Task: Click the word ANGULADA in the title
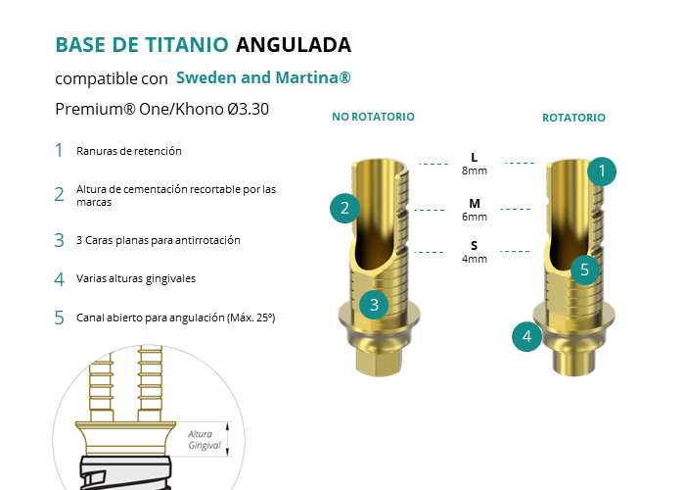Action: [294, 45]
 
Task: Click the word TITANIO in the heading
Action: [187, 45]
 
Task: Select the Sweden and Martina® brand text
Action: [263, 77]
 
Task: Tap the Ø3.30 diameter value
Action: [248, 109]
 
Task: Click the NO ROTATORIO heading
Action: [373, 117]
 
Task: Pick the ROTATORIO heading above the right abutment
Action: [573, 118]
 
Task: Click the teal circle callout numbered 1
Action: [602, 171]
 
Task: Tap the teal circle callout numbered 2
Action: [344, 208]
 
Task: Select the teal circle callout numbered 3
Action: [374, 305]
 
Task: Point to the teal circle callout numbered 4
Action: [526, 336]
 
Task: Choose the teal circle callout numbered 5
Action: [585, 269]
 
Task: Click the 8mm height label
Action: [475, 171]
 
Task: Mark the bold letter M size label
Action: [475, 204]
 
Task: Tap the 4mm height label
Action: [475, 259]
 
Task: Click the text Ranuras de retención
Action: [129, 151]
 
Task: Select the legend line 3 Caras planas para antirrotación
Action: [159, 240]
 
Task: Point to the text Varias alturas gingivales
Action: [136, 278]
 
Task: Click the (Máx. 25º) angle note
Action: [251, 318]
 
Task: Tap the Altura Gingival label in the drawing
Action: [204, 440]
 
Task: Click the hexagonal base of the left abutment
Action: [378, 363]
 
